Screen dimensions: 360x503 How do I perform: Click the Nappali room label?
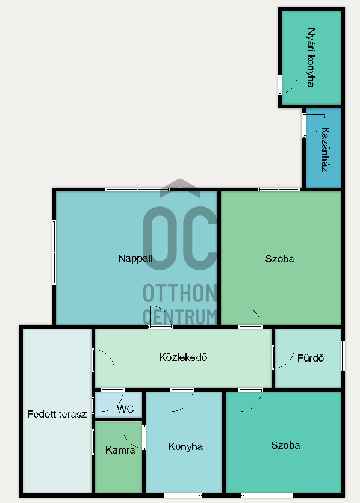(135, 258)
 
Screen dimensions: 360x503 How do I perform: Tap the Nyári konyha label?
(311, 57)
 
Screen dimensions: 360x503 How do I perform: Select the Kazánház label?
(325, 149)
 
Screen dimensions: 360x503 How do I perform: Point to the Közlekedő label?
(183, 357)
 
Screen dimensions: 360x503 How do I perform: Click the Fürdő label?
(311, 357)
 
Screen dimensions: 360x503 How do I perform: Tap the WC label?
(125, 409)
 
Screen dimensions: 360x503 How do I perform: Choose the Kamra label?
(120, 449)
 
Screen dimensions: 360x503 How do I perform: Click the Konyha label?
(186, 446)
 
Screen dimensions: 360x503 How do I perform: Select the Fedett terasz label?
(57, 414)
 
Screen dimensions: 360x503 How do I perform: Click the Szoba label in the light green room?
(279, 259)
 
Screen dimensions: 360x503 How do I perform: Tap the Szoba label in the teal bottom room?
(285, 445)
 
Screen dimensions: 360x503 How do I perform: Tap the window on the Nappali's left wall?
(54, 253)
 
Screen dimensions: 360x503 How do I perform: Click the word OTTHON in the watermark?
(179, 293)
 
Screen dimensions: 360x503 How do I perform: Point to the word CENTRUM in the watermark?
(179, 317)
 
